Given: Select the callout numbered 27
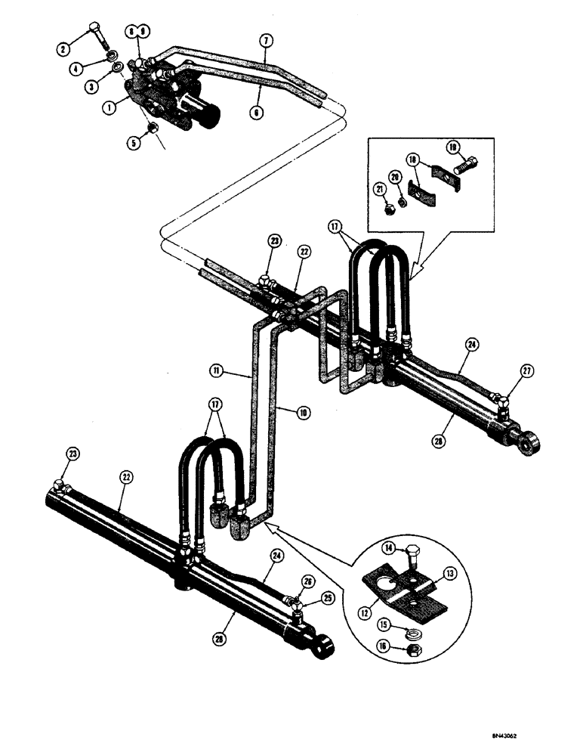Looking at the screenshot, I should point(526,370).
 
